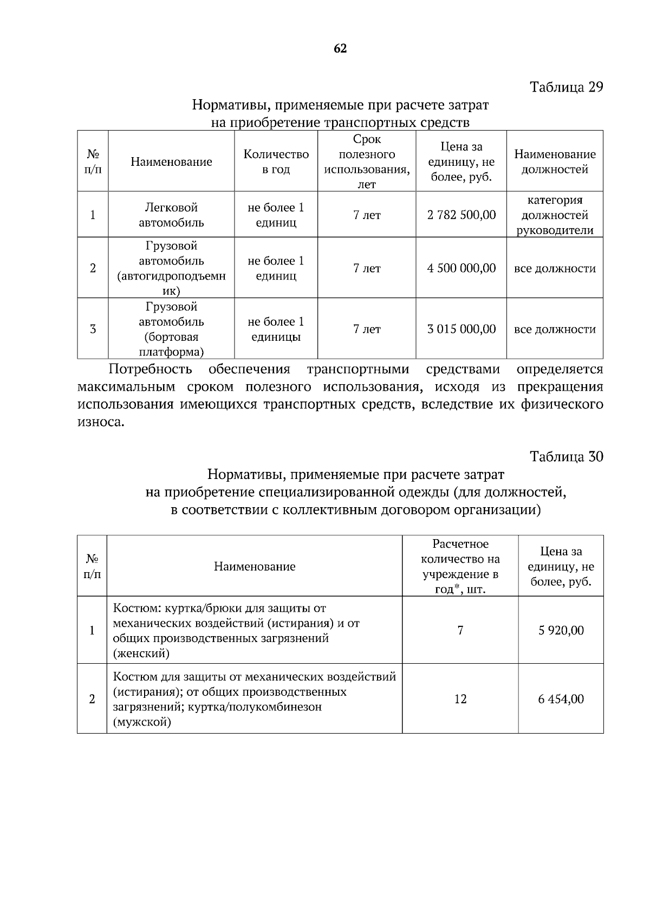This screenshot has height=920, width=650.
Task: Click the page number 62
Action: click(340, 49)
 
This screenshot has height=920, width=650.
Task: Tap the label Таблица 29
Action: click(566, 87)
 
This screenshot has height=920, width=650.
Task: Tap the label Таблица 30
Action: click(566, 457)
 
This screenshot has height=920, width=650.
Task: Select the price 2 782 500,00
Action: click(461, 215)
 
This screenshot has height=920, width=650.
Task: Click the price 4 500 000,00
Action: click(461, 268)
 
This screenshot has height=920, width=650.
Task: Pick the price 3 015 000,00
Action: click(461, 329)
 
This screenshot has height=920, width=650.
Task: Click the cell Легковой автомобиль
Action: click(171, 215)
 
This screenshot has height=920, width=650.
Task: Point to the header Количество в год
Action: click(276, 161)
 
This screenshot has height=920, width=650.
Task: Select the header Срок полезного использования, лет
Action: click(367, 161)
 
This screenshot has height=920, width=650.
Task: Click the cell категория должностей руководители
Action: click(555, 215)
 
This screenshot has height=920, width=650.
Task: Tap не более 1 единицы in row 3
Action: click(276, 329)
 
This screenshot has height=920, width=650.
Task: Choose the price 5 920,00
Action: click(561, 630)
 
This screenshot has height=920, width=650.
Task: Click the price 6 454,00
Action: click(561, 699)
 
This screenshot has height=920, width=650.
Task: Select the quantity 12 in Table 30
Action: click(460, 699)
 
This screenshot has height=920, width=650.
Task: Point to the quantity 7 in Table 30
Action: click(460, 630)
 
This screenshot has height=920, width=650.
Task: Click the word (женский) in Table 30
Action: click(141, 653)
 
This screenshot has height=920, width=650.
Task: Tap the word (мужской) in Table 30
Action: click(142, 722)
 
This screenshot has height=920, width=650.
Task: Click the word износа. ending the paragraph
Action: click(101, 422)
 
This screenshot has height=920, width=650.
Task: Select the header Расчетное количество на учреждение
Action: click(460, 566)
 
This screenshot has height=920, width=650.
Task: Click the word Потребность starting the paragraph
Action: click(150, 370)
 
